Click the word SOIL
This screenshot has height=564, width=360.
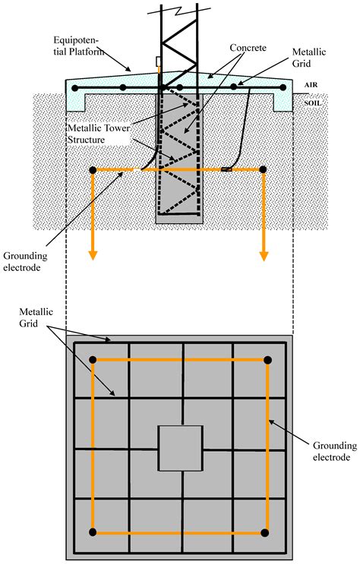(312, 101)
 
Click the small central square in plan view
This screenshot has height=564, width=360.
(180, 448)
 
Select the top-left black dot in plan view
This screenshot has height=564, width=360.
(93, 360)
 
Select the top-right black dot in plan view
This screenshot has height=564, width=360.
(267, 360)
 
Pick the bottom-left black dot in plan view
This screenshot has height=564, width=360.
(93, 532)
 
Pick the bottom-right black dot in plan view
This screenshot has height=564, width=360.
(267, 532)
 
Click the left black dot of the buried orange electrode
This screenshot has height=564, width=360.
(93, 169)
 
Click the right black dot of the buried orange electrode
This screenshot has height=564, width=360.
(263, 169)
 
